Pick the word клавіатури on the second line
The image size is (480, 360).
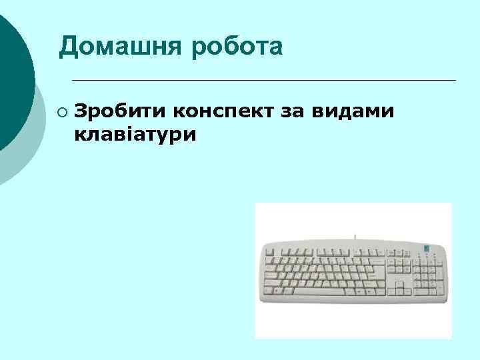pyautogui.click(x=136, y=135)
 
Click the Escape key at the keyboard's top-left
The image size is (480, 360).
pyautogui.click(x=269, y=252)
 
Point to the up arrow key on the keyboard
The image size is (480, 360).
pyautogui.click(x=399, y=285)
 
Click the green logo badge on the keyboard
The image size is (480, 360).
pyautogui.click(x=427, y=248)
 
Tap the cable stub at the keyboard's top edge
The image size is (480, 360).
pyautogui.click(x=355, y=237)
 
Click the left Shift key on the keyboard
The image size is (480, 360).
pyautogui.click(x=274, y=284)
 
